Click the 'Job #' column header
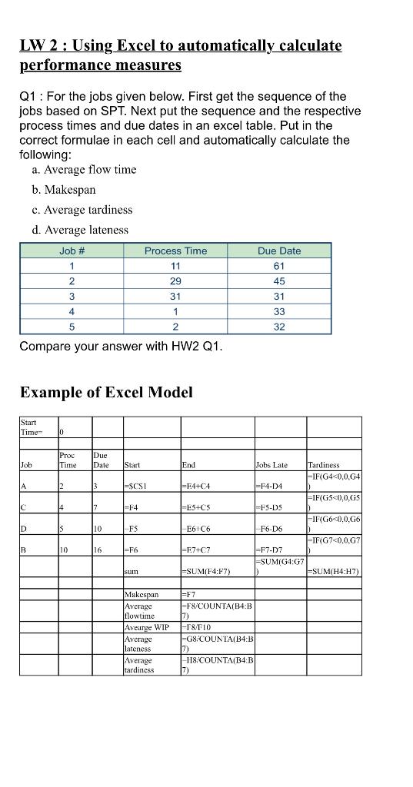coord(72,251)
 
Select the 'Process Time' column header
coord(175,251)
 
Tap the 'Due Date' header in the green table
coord(279,251)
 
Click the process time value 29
coord(175,281)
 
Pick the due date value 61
coord(279,266)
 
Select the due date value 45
coord(279,281)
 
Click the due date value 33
coord(279,311)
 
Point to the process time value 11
coord(175,266)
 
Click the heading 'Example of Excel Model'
coord(106,392)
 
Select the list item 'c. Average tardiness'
coord(88,209)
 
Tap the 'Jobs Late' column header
coord(271,464)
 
